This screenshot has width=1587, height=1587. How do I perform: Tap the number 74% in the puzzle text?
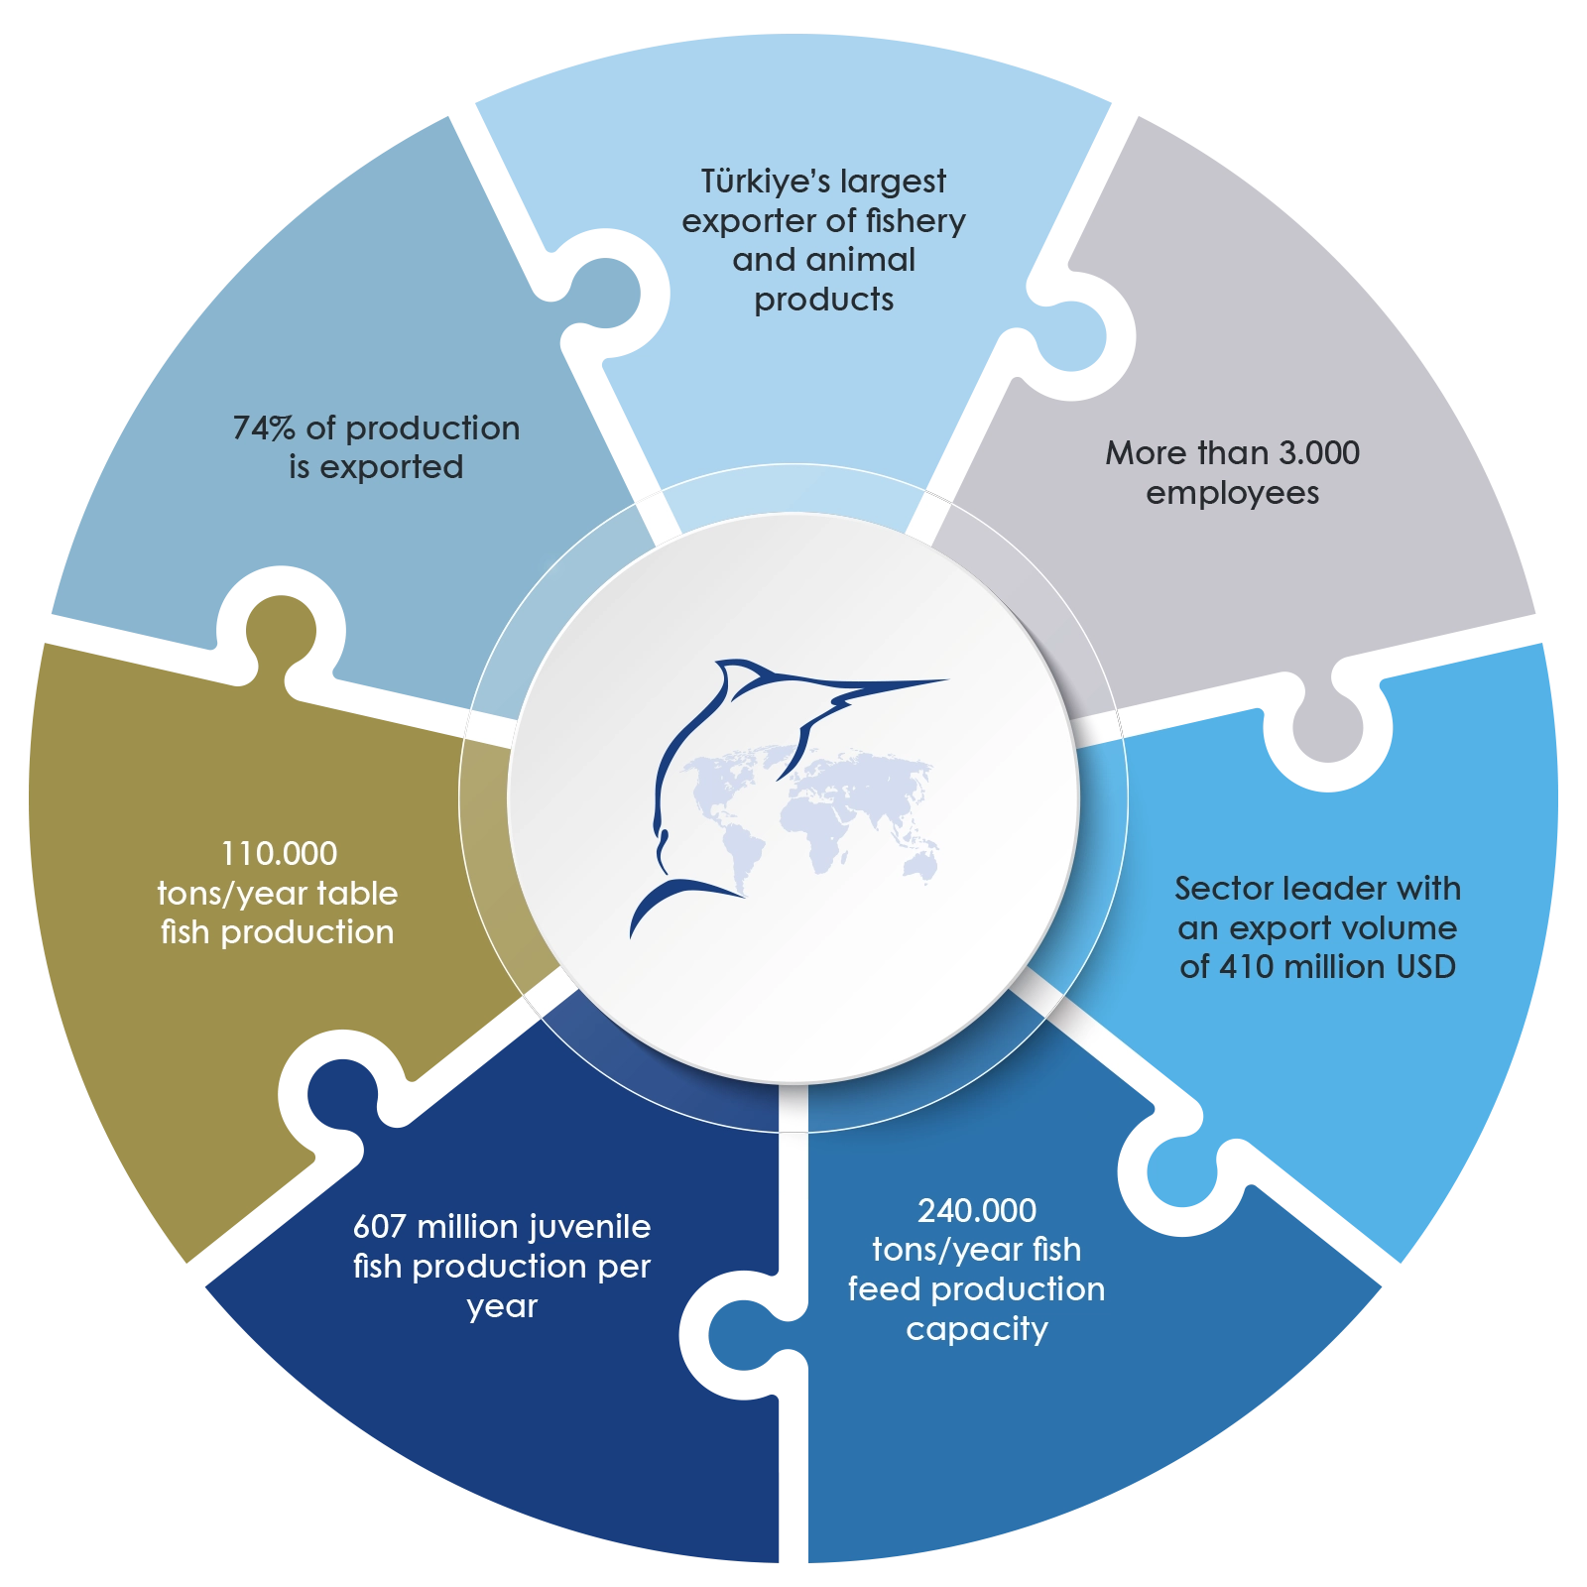coord(264,428)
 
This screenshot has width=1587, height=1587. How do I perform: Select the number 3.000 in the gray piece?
coord(1318,453)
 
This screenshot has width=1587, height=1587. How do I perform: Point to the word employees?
coord(1232,493)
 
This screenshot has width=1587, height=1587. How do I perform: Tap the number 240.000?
coord(977,1210)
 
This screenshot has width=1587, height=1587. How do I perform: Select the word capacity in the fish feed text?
coord(977,1329)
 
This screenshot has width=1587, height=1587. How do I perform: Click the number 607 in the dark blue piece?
coord(380,1227)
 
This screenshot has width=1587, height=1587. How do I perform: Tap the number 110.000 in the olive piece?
coord(279,853)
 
